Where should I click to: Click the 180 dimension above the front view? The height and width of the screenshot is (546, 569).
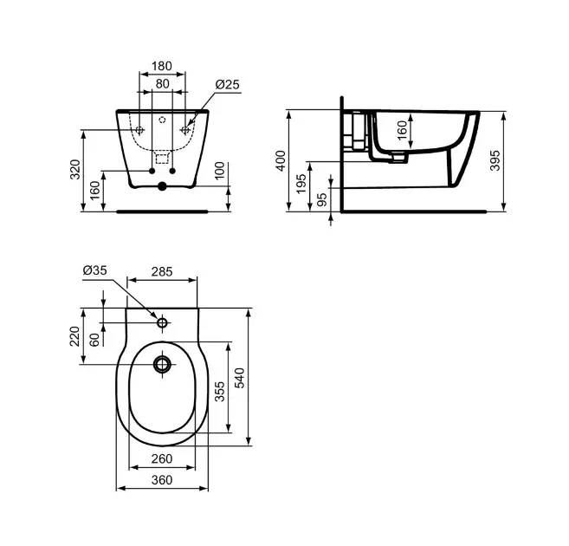(162, 66)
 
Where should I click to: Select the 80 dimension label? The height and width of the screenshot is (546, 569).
(162, 84)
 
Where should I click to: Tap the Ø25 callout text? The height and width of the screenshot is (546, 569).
(228, 85)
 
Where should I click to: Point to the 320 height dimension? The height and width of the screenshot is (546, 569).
(75, 169)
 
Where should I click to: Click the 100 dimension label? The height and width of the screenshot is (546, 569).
(220, 171)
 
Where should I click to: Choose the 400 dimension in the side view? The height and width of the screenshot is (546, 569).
(281, 160)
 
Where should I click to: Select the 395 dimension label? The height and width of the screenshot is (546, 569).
(495, 160)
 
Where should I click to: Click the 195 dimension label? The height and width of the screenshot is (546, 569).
(301, 184)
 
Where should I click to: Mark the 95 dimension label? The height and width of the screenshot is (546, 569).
(322, 199)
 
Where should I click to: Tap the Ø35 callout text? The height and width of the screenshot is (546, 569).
(94, 270)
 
